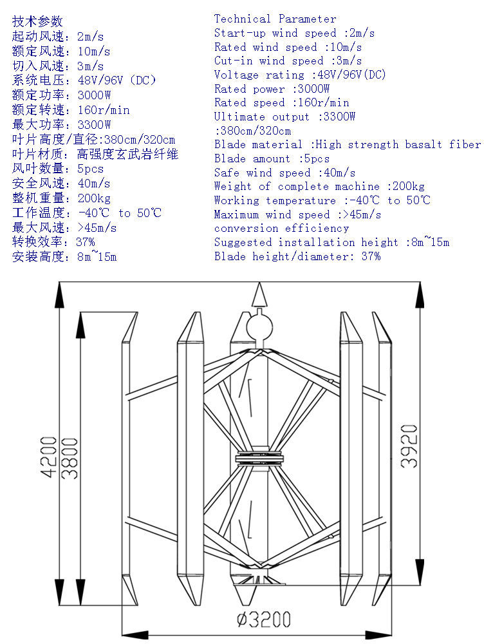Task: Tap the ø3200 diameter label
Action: coord(264,620)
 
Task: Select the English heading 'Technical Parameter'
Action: coord(275,19)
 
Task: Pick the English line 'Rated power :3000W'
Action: coord(272,89)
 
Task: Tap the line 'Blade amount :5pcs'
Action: coord(272,158)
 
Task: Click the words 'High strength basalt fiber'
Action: coord(398,144)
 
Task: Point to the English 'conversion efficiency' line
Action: coord(281,228)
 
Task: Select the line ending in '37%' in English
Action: coord(297,256)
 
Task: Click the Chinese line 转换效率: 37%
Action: coord(53,242)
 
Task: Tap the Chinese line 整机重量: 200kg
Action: coord(61,198)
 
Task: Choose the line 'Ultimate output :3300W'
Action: coord(284,117)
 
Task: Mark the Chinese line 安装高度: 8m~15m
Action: coord(64,257)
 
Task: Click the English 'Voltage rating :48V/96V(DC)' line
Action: coord(300,75)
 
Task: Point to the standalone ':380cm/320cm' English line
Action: coord(252,131)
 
